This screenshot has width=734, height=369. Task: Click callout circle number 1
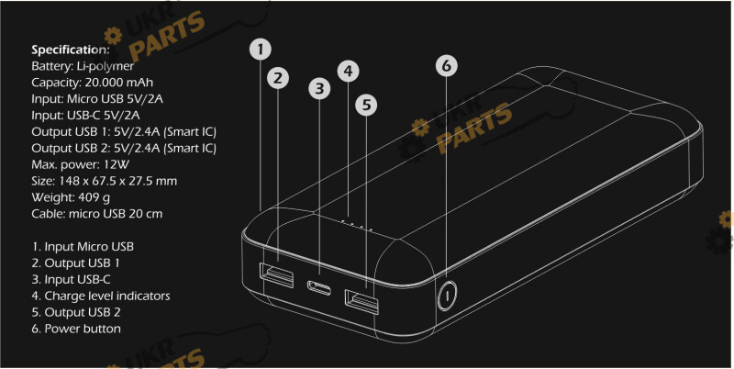point(261,50)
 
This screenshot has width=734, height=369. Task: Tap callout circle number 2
point(278,78)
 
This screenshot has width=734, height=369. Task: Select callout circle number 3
point(319,88)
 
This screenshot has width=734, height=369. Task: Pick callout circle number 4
point(348,72)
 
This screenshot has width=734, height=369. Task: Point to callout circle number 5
point(366,105)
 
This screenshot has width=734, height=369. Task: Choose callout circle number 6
point(447,66)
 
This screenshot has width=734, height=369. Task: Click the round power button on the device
point(447,296)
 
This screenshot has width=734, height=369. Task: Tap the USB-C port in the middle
point(319,287)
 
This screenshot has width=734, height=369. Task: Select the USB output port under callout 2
point(277,275)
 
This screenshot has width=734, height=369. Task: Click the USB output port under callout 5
point(361,302)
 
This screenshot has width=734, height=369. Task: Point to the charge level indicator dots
point(357,224)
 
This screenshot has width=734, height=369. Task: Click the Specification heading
point(71,50)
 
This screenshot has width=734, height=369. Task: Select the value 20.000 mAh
point(119,83)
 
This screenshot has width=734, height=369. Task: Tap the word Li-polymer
point(105,66)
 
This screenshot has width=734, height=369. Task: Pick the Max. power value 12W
point(116,165)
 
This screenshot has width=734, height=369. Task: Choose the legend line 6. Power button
point(76,329)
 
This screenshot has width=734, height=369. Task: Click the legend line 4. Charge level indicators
point(101,296)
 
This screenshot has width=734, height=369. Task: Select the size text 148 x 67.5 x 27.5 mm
point(118,181)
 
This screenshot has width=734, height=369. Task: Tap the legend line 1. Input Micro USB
point(83,247)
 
